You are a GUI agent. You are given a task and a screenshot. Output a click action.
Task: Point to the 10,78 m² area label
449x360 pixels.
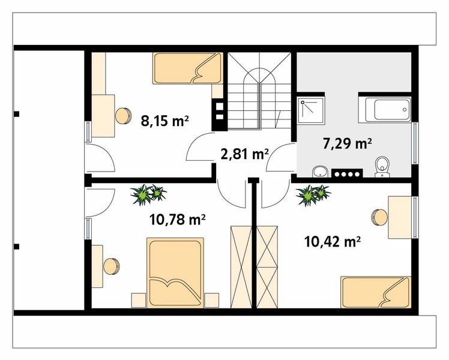coord(178,220)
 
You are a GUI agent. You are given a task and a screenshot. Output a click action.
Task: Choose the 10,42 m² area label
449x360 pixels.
coord(332,242)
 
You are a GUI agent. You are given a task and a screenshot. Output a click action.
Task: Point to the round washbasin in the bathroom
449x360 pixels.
coord(320,172)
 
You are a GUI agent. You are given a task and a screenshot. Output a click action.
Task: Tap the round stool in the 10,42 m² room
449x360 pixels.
coord(379,217)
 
